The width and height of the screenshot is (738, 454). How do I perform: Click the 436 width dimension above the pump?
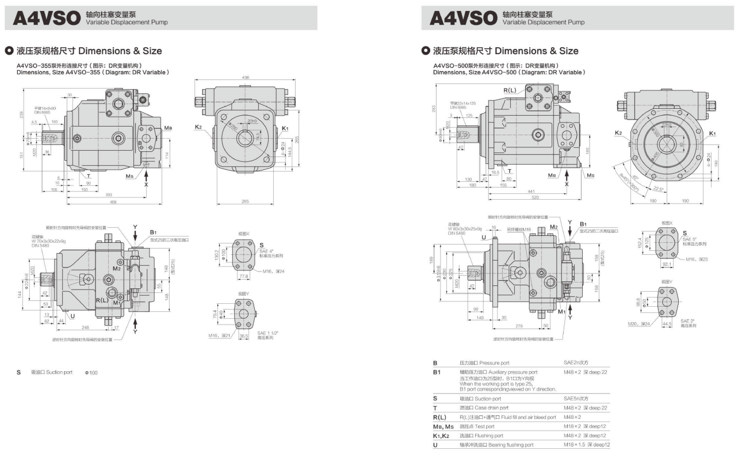coord(246,78)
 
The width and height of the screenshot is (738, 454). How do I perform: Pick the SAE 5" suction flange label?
coord(688,238)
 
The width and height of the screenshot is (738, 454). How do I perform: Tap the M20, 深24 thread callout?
coord(638,323)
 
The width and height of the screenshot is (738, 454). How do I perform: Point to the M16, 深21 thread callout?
coord(219,334)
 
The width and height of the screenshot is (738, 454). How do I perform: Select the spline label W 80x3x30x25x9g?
coord(465,228)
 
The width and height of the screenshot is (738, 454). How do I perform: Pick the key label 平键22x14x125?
coord(463,103)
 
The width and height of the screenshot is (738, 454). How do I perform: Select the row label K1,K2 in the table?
coord(443,436)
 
